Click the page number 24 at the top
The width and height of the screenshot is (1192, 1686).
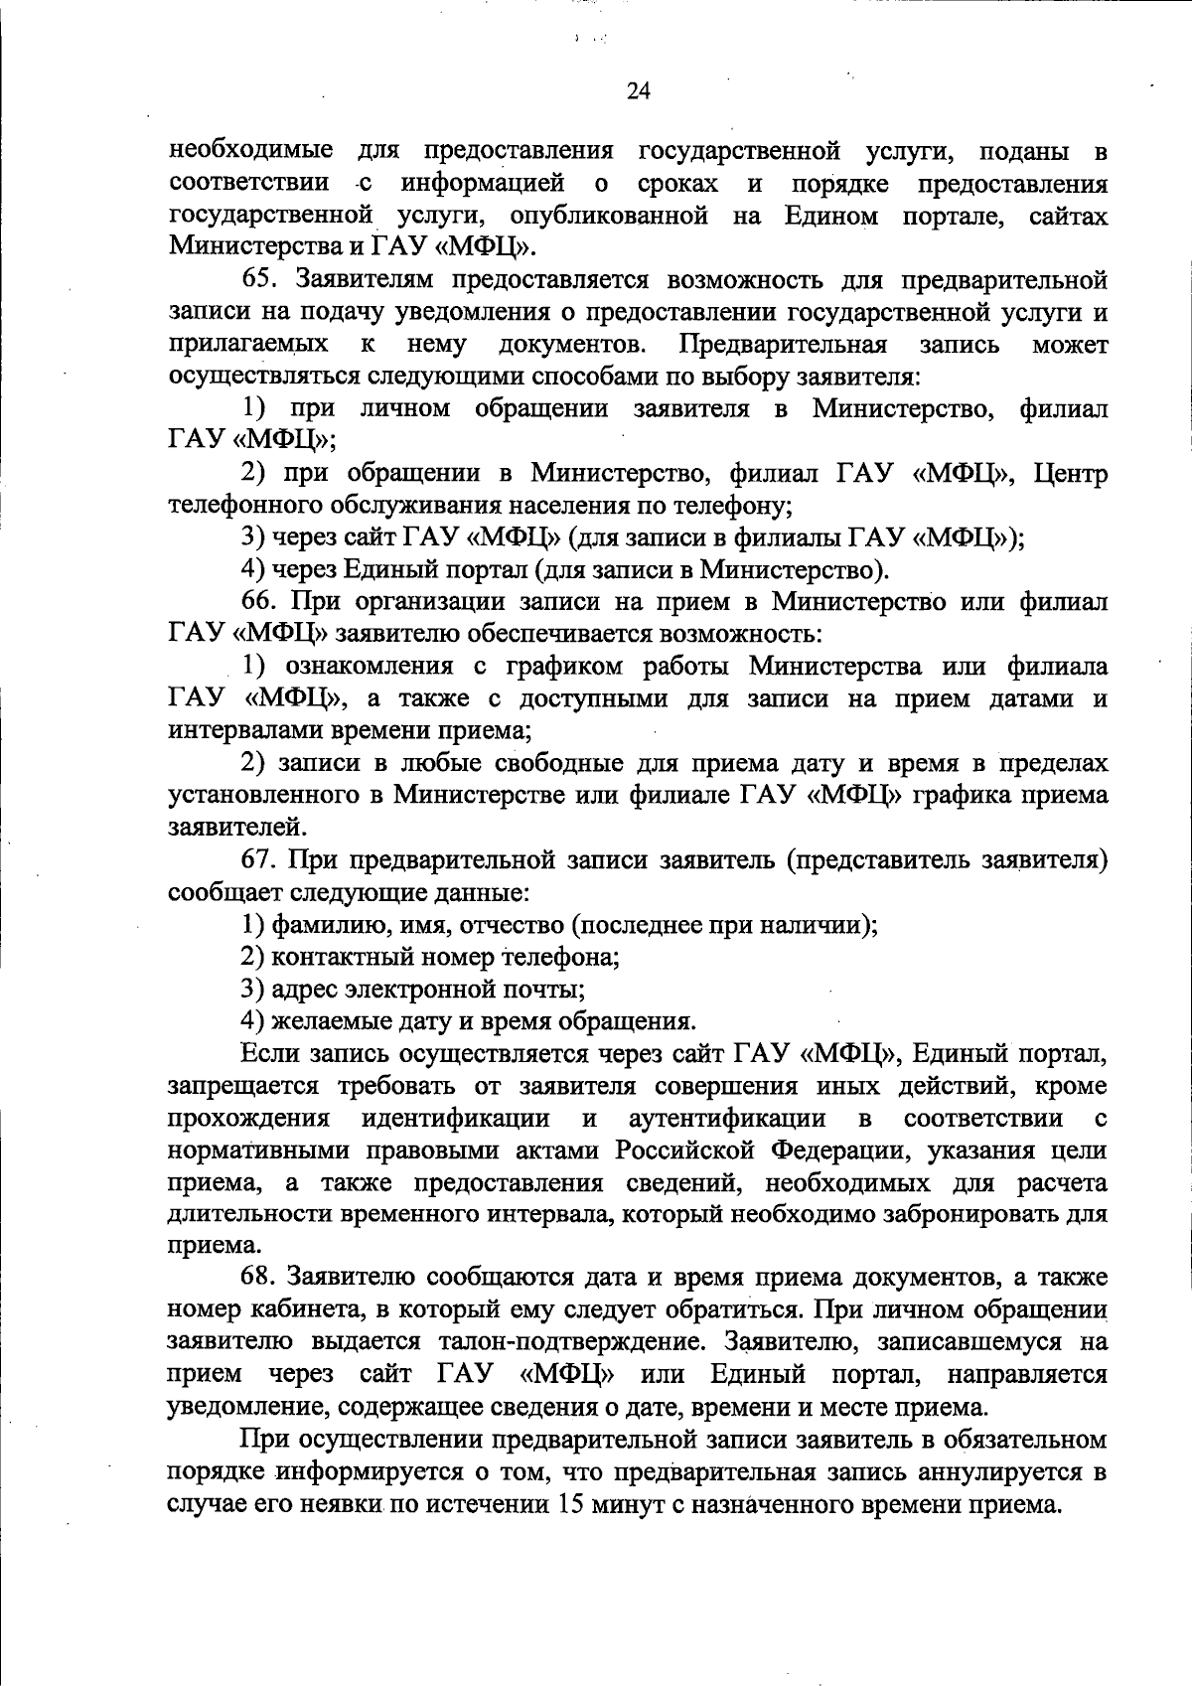(x=638, y=91)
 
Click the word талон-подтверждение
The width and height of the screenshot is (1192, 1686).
(x=573, y=1341)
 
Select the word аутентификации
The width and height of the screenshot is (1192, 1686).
(x=727, y=1118)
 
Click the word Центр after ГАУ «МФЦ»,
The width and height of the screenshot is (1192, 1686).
(x=1069, y=473)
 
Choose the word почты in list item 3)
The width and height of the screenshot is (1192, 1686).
(x=551, y=990)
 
